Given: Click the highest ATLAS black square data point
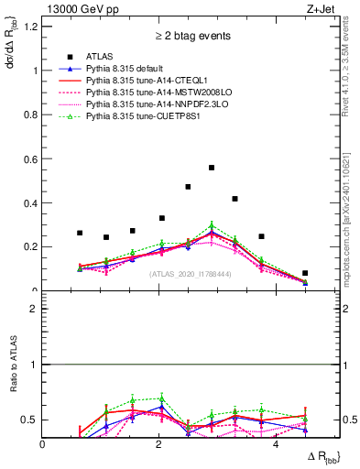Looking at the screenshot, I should click(212, 168).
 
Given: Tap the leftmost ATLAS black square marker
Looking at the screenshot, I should click(80, 233).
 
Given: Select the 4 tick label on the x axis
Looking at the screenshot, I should click(275, 444).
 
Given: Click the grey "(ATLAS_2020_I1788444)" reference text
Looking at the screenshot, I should click(190, 274).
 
